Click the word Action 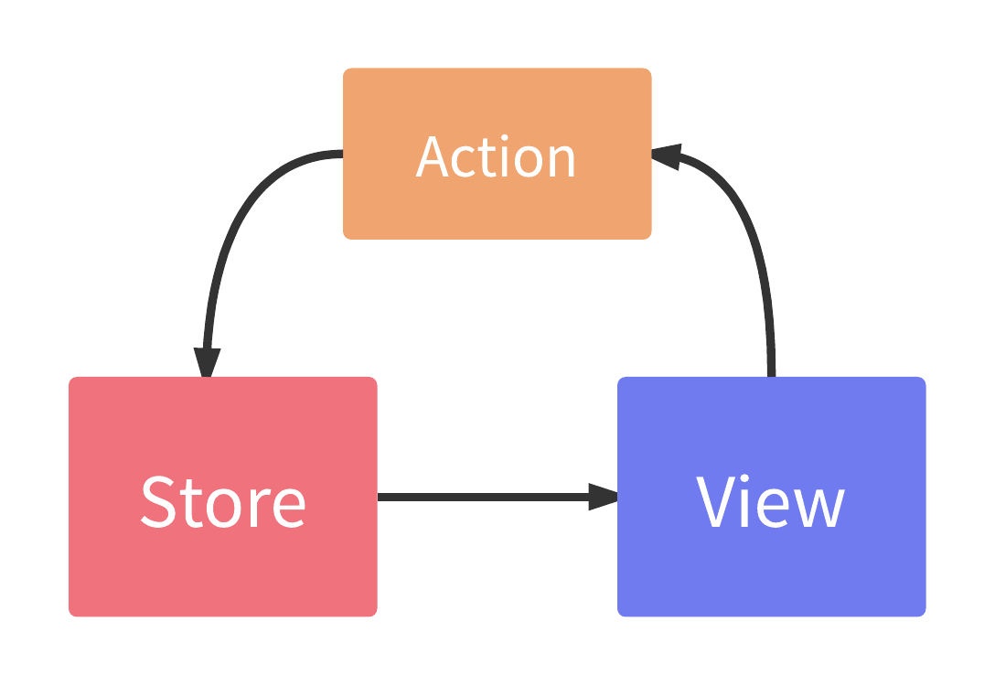pos(497,157)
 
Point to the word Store pos(222,501)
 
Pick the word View pos(771,501)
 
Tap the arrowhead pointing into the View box pos(603,497)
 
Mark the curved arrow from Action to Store pos(240,220)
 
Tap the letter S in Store pos(159,501)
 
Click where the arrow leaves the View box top pos(771,373)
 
